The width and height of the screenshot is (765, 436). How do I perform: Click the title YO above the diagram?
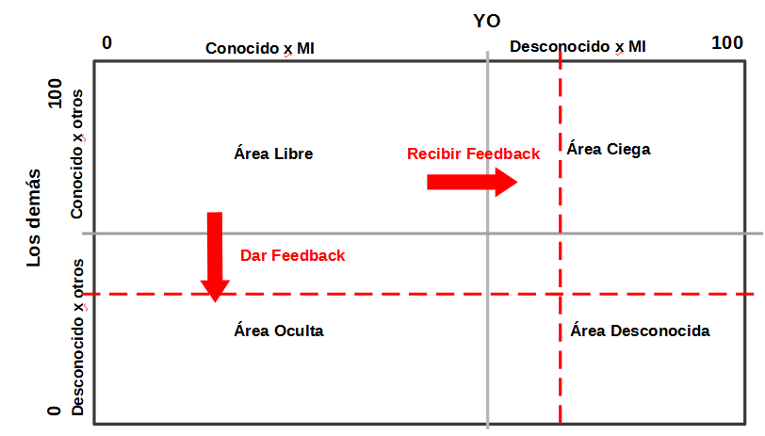(x=486, y=21)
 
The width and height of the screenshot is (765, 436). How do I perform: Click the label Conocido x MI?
(x=260, y=48)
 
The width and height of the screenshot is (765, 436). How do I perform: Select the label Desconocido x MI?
(x=578, y=47)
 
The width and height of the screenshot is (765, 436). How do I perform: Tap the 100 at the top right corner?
(x=727, y=43)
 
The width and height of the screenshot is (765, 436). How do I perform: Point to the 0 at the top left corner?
(x=106, y=43)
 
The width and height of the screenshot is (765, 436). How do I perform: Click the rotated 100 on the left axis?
(x=56, y=93)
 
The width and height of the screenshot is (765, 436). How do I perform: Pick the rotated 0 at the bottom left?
(x=54, y=411)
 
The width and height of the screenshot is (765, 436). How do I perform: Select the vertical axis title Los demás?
(x=33, y=218)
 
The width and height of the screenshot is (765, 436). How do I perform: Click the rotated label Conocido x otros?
(x=77, y=154)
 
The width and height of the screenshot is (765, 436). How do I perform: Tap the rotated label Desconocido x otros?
(x=78, y=337)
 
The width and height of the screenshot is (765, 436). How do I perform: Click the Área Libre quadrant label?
(x=273, y=153)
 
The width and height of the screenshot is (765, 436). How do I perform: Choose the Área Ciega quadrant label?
(x=609, y=149)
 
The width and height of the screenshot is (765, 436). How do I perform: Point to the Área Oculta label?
(x=279, y=331)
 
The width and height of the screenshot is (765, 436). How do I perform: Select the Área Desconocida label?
(x=640, y=331)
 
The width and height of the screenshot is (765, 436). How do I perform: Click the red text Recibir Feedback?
(x=473, y=153)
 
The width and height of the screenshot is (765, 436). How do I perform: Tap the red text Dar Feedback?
(x=292, y=255)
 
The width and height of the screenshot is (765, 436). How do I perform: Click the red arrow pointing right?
(x=472, y=182)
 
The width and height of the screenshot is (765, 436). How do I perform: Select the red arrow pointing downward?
(x=215, y=257)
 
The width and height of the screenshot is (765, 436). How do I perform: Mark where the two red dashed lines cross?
(x=560, y=294)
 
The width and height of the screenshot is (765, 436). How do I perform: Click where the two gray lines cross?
(x=487, y=234)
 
